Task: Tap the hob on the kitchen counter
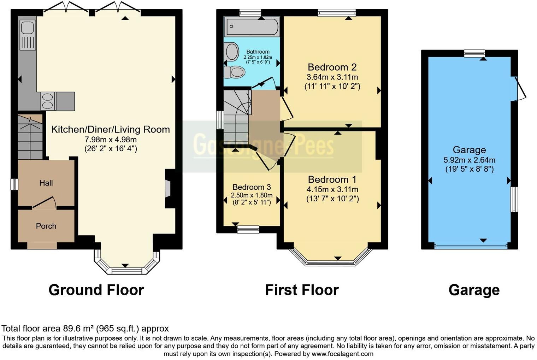coord(48,101)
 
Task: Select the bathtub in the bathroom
coord(252,27)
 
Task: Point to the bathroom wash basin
coord(232,52)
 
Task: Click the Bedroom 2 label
coord(332,67)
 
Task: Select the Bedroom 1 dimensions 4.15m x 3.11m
coord(332,190)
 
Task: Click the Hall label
coord(46,183)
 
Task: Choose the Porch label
coord(46,226)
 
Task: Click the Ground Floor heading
coord(96,290)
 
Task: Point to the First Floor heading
coord(302,290)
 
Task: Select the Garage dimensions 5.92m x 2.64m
coord(469,160)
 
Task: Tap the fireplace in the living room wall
coord(168,189)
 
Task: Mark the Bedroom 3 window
coord(248,230)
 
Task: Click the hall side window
coord(14,184)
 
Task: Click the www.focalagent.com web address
coord(342,354)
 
